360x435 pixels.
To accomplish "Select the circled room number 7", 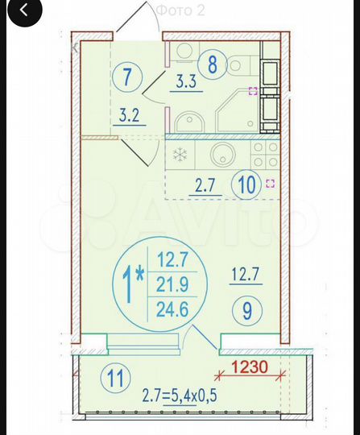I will [x=127, y=78].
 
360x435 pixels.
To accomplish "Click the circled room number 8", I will [x=213, y=64].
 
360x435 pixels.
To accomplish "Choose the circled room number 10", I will [x=246, y=184].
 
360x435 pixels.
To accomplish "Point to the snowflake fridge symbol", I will [x=180, y=154].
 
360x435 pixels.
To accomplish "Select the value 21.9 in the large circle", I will [x=172, y=284].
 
